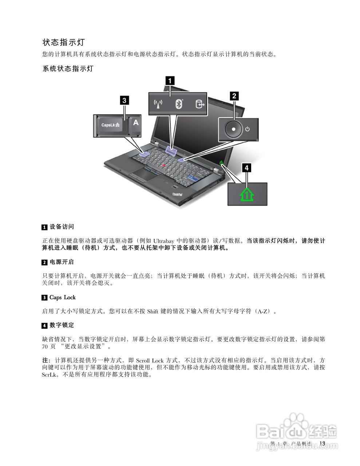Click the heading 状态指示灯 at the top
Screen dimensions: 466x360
click(x=64, y=42)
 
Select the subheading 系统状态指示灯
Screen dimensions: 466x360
click(x=68, y=68)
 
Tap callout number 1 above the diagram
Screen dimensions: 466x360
click(x=170, y=80)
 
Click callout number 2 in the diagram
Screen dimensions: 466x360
click(x=234, y=96)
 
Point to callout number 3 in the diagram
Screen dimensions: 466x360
click(x=124, y=100)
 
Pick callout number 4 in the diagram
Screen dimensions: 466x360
click(x=247, y=167)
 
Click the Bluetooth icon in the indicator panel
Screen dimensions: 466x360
click(x=178, y=104)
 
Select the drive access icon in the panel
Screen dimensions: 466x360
click(x=199, y=104)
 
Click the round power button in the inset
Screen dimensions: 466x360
click(x=233, y=129)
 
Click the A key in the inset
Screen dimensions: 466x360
click(x=135, y=123)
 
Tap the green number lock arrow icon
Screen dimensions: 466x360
click(x=247, y=194)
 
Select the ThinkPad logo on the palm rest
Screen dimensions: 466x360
click(x=177, y=196)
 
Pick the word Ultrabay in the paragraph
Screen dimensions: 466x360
click(x=163, y=241)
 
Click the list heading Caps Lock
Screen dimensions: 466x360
click(x=63, y=297)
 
